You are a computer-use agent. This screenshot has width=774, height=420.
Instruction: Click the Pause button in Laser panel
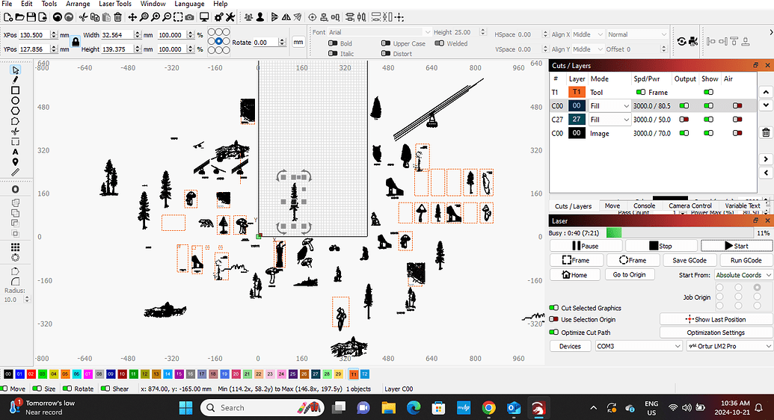[x=586, y=246]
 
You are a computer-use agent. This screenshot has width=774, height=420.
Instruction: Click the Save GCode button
[x=690, y=260]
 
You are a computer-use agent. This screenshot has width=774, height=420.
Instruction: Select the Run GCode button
[x=746, y=260]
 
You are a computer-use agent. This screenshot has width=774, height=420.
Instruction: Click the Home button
[x=574, y=275]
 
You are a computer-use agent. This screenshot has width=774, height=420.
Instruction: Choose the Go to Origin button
[x=629, y=275]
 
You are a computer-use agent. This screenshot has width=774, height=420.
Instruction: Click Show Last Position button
[x=716, y=319]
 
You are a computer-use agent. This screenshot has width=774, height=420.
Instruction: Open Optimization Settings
[x=716, y=333]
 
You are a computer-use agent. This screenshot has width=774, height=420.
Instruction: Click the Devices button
[x=570, y=346]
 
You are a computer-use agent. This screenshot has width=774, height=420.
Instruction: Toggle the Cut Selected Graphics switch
[x=554, y=308]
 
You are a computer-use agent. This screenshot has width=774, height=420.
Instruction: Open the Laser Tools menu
[x=115, y=4]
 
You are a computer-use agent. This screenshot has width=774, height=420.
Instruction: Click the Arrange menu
[x=78, y=4]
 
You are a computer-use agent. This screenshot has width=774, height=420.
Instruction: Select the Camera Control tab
[x=689, y=206]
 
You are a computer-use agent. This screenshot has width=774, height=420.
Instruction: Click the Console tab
[x=644, y=206]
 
